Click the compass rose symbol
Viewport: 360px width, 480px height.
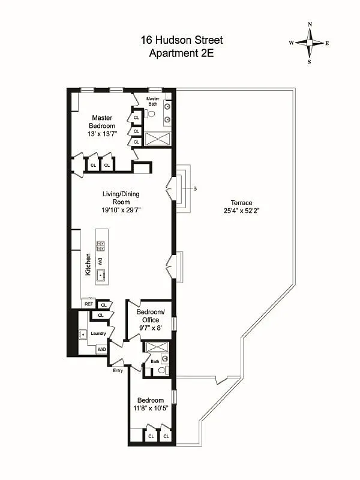pos(310,43)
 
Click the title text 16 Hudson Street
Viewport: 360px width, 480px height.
pos(181,40)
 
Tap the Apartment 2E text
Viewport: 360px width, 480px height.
pos(181,53)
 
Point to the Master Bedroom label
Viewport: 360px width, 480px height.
pos(102,122)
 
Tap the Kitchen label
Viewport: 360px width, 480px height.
pos(88,265)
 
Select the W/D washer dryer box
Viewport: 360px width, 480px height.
pos(101,349)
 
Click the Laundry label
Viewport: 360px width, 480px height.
pos(98,334)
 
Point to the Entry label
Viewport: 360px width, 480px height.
pos(118,370)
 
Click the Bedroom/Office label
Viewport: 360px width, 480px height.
pos(150,316)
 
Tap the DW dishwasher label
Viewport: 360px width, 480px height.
pos(100,260)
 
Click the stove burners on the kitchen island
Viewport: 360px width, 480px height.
pos(100,245)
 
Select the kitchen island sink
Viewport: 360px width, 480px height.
pos(100,275)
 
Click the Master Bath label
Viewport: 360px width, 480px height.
pos(154,101)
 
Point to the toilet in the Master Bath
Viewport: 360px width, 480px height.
pos(151,113)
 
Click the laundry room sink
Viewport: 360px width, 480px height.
pos(83,334)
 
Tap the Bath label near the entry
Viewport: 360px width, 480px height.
pos(155,361)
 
